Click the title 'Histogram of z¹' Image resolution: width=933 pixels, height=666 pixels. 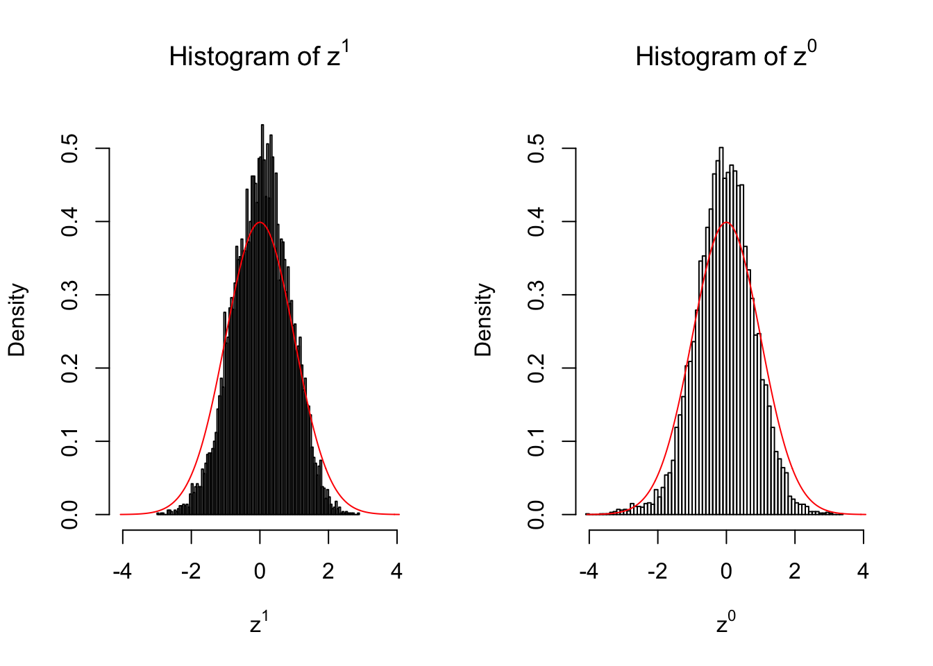click(x=259, y=56)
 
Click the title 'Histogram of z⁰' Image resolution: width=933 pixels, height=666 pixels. click(x=725, y=56)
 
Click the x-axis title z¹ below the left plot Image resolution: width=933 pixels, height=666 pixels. click(x=259, y=623)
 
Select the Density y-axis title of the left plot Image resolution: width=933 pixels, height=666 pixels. click(x=17, y=320)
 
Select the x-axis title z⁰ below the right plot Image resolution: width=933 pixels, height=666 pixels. click(x=725, y=623)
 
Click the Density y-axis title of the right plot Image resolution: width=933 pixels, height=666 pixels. click(x=483, y=320)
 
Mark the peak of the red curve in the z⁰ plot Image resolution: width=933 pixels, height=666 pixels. click(x=726, y=222)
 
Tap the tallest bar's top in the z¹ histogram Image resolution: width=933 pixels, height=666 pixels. click(x=262, y=126)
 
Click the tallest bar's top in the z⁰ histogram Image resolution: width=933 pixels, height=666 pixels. click(x=721, y=148)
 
